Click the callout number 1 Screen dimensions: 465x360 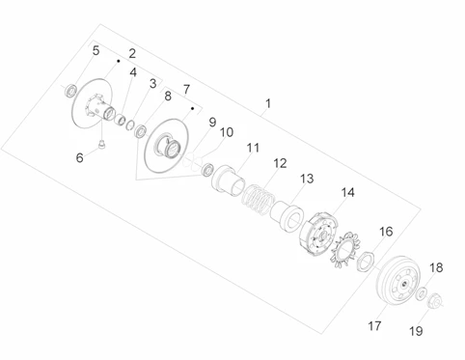tap(268, 104)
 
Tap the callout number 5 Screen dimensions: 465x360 tap(96, 50)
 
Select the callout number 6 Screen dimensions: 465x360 tap(79, 157)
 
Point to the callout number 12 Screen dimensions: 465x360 tap(280, 163)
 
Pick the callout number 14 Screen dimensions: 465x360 tap(347, 192)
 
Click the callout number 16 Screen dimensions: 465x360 tap(386, 232)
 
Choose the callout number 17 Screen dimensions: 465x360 tap(374, 326)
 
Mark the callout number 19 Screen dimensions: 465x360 tap(416, 331)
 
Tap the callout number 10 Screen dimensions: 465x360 tap(227, 132)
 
